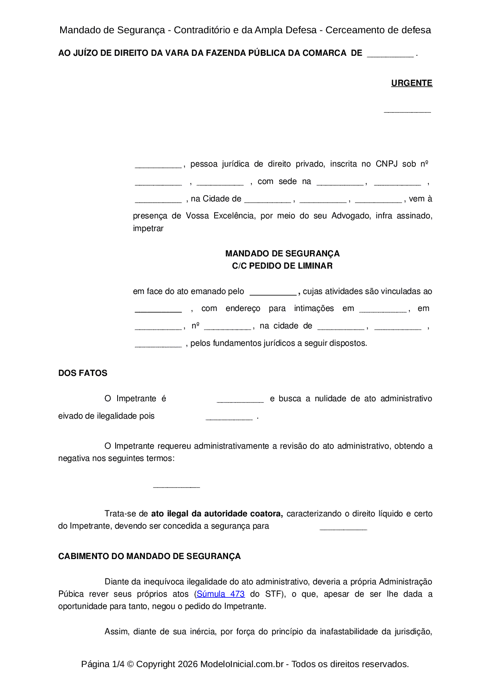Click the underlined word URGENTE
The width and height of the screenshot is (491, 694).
tap(411, 83)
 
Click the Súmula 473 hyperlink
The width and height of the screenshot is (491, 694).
tap(221, 594)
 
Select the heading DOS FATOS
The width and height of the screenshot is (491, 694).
tap(83, 373)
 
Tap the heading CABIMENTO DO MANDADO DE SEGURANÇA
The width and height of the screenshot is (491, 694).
tap(149, 556)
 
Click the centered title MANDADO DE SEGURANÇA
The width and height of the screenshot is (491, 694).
tap(282, 254)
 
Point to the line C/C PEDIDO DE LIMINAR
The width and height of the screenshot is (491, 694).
tap(282, 266)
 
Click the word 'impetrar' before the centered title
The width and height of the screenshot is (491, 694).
tap(148, 228)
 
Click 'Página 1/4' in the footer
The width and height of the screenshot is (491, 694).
tap(103, 664)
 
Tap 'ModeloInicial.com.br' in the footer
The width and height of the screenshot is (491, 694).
tap(242, 664)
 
